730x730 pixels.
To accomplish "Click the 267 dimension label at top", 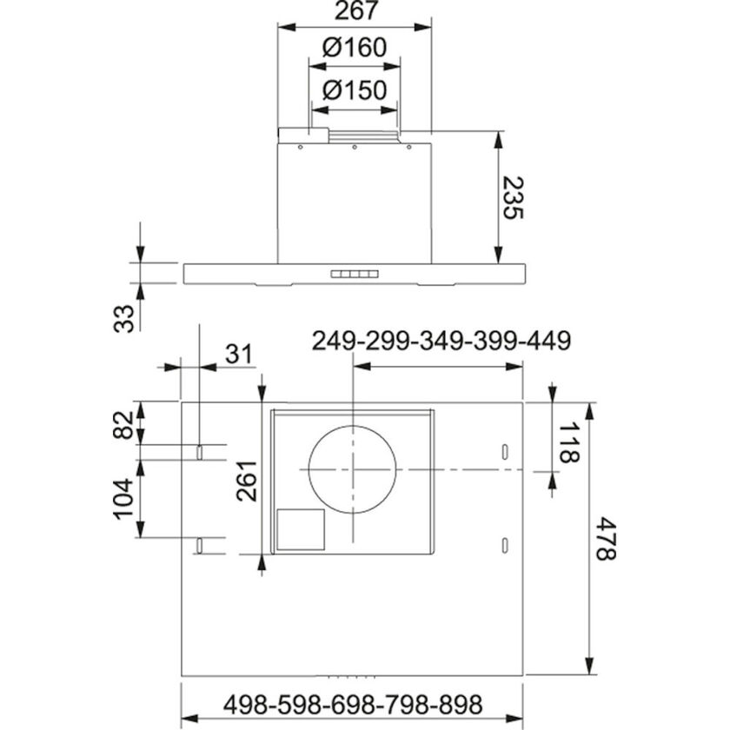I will (354, 11).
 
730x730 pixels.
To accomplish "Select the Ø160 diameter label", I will (354, 48).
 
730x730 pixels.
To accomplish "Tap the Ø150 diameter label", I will (354, 90).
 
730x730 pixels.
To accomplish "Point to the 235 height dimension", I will (515, 199).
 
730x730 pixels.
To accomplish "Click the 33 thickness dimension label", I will (126, 317).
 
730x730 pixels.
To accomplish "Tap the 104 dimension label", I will (126, 499).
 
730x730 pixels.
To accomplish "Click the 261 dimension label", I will (246, 481).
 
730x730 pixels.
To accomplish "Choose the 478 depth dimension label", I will (608, 539).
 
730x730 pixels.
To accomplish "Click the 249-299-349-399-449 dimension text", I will (441, 341).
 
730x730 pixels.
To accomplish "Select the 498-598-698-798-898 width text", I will (352, 703).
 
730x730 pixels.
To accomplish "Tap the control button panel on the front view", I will (355, 274).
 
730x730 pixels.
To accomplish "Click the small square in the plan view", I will (301, 529).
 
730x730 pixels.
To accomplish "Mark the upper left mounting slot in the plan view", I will (200, 452).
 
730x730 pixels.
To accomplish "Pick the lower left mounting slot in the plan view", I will (200, 545).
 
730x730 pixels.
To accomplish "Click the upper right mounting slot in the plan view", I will (504, 452).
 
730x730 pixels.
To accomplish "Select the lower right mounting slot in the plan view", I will (504, 545).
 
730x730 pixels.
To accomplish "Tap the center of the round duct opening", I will (353, 469).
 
